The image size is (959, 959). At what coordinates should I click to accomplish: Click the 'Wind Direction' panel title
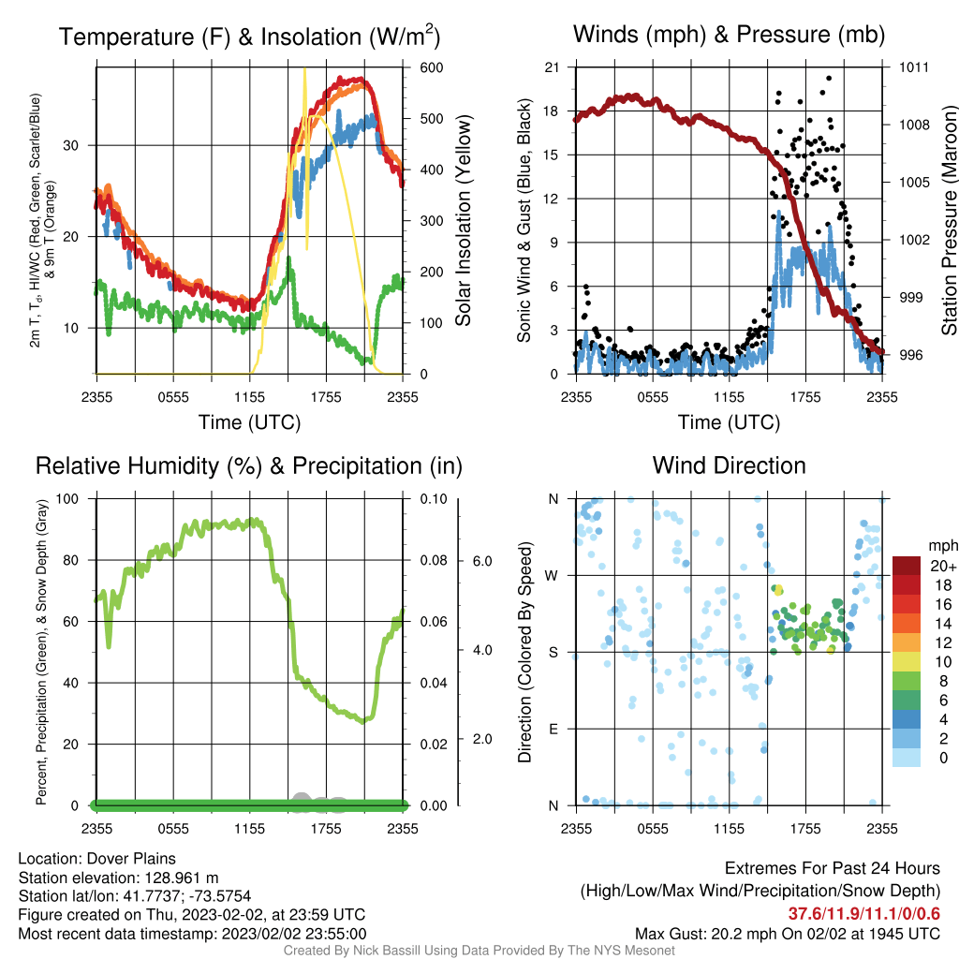tap(729, 465)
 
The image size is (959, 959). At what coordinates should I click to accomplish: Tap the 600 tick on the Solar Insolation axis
tap(431, 67)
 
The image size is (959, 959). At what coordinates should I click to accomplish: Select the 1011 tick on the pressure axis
tap(914, 67)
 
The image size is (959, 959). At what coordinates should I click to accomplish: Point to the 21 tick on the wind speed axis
tap(552, 67)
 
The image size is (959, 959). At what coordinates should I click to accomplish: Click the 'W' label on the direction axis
tap(552, 576)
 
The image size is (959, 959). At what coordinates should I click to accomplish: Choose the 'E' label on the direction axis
tap(553, 729)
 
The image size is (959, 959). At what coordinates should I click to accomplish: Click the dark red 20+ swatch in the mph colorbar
tap(907, 566)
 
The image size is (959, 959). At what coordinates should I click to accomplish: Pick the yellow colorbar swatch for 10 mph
tap(907, 662)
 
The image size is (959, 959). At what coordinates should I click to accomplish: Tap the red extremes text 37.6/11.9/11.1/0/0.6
tap(863, 914)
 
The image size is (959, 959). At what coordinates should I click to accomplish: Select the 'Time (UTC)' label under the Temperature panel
tap(249, 422)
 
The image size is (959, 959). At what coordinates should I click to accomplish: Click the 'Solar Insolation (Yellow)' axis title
tap(463, 220)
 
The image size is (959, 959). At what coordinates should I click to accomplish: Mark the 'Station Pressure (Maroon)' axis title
tap(949, 220)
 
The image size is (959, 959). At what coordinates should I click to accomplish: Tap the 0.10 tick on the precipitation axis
tap(434, 499)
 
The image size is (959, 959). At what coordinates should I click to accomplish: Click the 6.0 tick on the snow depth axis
tap(482, 562)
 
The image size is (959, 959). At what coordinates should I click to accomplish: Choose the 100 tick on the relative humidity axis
tap(67, 499)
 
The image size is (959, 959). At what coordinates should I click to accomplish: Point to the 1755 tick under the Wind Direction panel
tap(805, 829)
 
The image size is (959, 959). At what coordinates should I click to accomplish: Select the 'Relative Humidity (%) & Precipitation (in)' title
tap(249, 466)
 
